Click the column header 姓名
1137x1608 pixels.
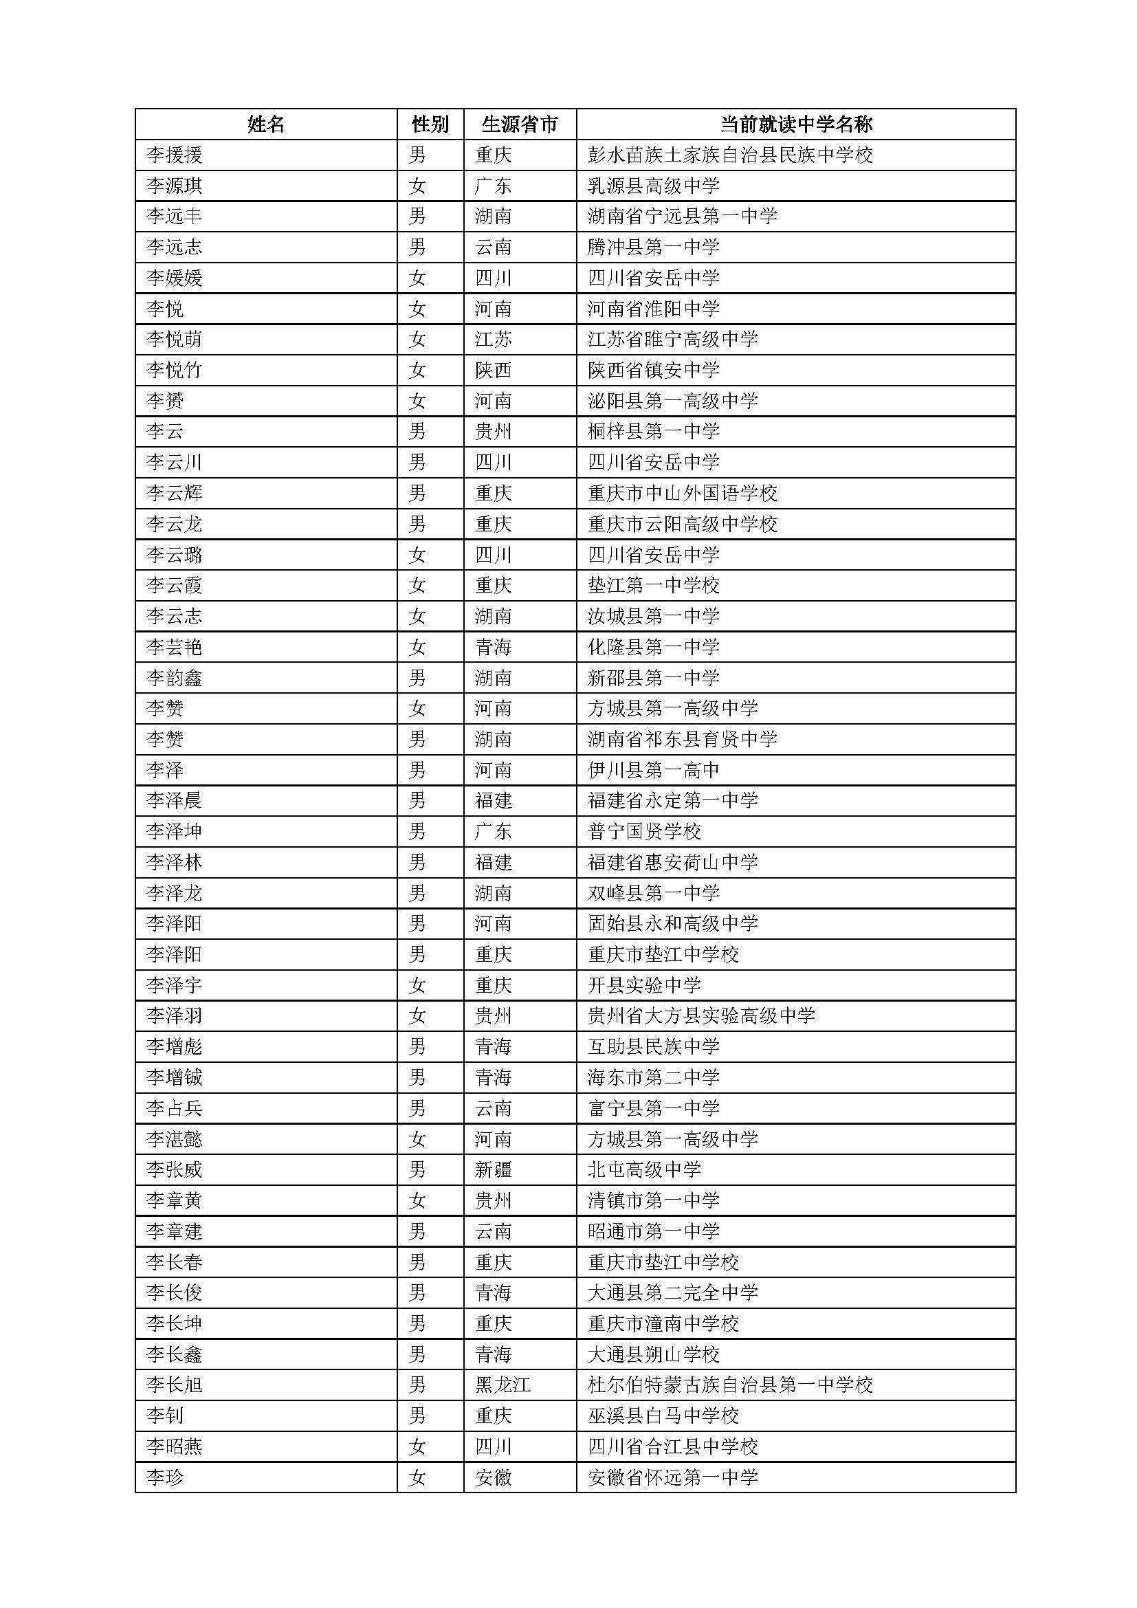tap(266, 124)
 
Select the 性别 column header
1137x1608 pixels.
tap(430, 124)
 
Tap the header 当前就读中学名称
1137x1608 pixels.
tap(796, 124)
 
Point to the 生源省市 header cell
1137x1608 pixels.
tap(520, 124)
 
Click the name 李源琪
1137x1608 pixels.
tap(175, 186)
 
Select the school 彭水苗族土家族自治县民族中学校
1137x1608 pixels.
tap(730, 155)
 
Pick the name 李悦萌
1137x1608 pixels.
tap(175, 340)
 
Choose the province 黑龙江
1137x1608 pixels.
tap(503, 1385)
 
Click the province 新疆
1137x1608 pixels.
tap(494, 1169)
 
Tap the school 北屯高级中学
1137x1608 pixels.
tap(644, 1169)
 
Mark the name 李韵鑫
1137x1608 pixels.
tap(175, 678)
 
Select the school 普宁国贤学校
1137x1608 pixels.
tap(644, 831)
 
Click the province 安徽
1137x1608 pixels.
tap(494, 1478)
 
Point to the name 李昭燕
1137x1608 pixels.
tap(175, 1447)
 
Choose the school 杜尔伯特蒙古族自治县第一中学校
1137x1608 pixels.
tap(730, 1385)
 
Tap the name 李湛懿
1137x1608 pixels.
tap(175, 1139)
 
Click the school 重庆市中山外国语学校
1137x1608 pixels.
tap(683, 493)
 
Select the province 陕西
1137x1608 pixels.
tap(494, 370)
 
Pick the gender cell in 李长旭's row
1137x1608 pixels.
tap(417, 1385)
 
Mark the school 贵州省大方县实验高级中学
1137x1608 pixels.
tap(702, 1015)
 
